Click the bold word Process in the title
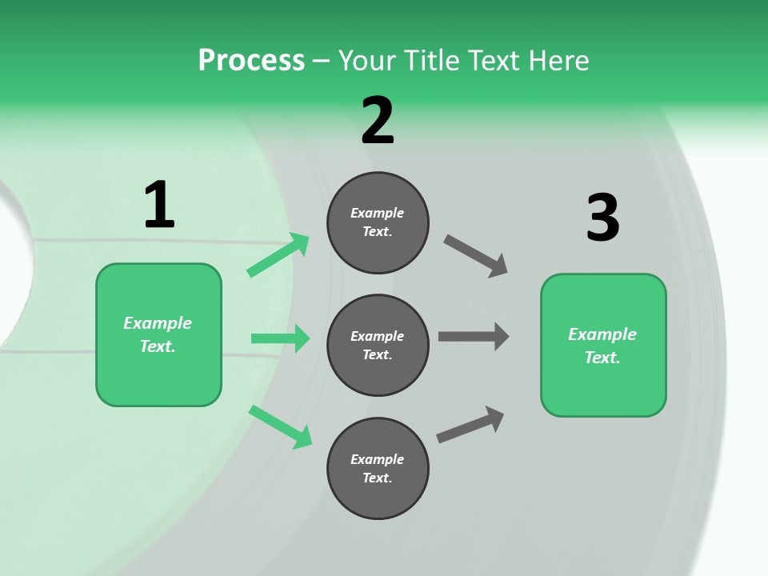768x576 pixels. (251, 60)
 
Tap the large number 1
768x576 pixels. (159, 205)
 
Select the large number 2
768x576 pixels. (378, 120)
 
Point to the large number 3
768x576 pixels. (603, 218)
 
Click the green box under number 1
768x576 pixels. (158, 334)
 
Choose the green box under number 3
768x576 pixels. (603, 345)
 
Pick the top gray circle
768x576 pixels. (378, 222)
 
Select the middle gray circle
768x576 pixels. (378, 345)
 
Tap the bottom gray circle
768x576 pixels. (378, 468)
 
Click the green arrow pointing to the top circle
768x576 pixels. (278, 255)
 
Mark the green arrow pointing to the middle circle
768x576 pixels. (280, 338)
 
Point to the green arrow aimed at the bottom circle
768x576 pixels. (281, 426)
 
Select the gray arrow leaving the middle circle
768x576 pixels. (474, 336)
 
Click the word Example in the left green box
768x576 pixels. (158, 323)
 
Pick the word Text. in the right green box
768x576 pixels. (602, 358)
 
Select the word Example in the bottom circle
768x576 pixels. (378, 459)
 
